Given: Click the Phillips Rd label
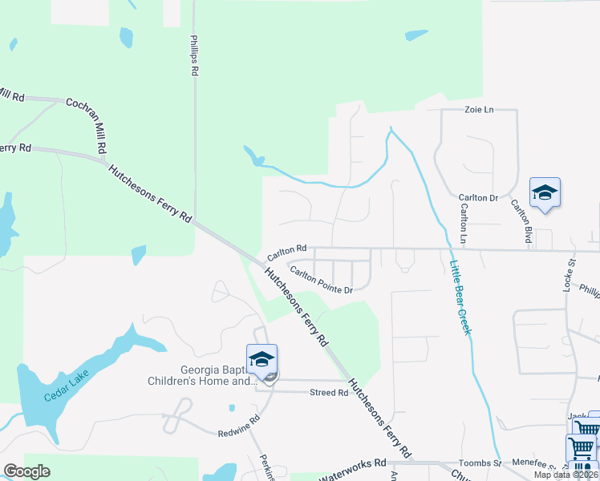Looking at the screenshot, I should [194, 55].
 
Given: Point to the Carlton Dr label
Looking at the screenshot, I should [478, 197].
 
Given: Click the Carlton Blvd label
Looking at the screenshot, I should [522, 220].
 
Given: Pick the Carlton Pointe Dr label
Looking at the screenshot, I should [321, 280].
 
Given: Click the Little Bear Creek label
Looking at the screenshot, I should [459, 297].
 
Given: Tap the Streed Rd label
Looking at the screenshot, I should [329, 393].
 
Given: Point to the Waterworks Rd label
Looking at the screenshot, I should [353, 470].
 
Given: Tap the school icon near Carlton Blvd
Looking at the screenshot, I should [545, 192].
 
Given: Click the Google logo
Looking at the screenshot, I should [27, 471].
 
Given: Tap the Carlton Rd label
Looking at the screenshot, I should [287, 251].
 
